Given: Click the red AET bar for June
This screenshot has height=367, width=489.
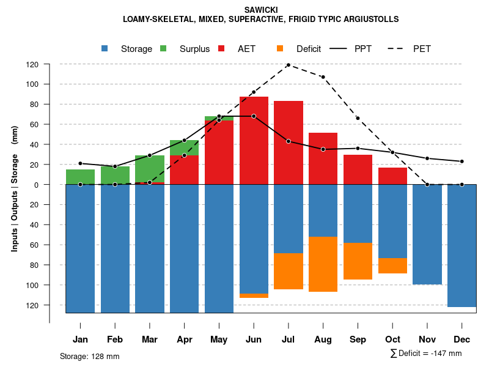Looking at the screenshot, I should [254, 141].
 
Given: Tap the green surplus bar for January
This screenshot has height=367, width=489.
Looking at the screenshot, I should [80, 177].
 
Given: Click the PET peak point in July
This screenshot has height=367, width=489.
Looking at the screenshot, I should [288, 65].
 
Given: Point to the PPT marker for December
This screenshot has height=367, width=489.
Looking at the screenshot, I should [462, 161].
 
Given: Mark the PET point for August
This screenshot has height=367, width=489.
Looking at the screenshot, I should [323, 77].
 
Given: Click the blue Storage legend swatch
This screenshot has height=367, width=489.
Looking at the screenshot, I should [105, 49].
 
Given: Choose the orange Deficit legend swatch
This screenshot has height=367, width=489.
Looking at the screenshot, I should [280, 49].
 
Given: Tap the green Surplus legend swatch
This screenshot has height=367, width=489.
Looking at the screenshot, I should [164, 49].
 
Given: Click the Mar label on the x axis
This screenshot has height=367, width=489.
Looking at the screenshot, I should [149, 339].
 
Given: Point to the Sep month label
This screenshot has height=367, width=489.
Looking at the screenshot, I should [358, 339].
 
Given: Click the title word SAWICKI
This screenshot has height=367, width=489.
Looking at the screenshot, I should [261, 10].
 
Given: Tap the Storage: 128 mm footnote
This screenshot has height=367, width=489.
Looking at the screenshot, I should [90, 356].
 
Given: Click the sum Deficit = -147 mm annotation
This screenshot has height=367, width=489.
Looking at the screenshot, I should [426, 354].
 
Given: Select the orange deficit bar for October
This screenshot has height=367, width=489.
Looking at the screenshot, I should [392, 265].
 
